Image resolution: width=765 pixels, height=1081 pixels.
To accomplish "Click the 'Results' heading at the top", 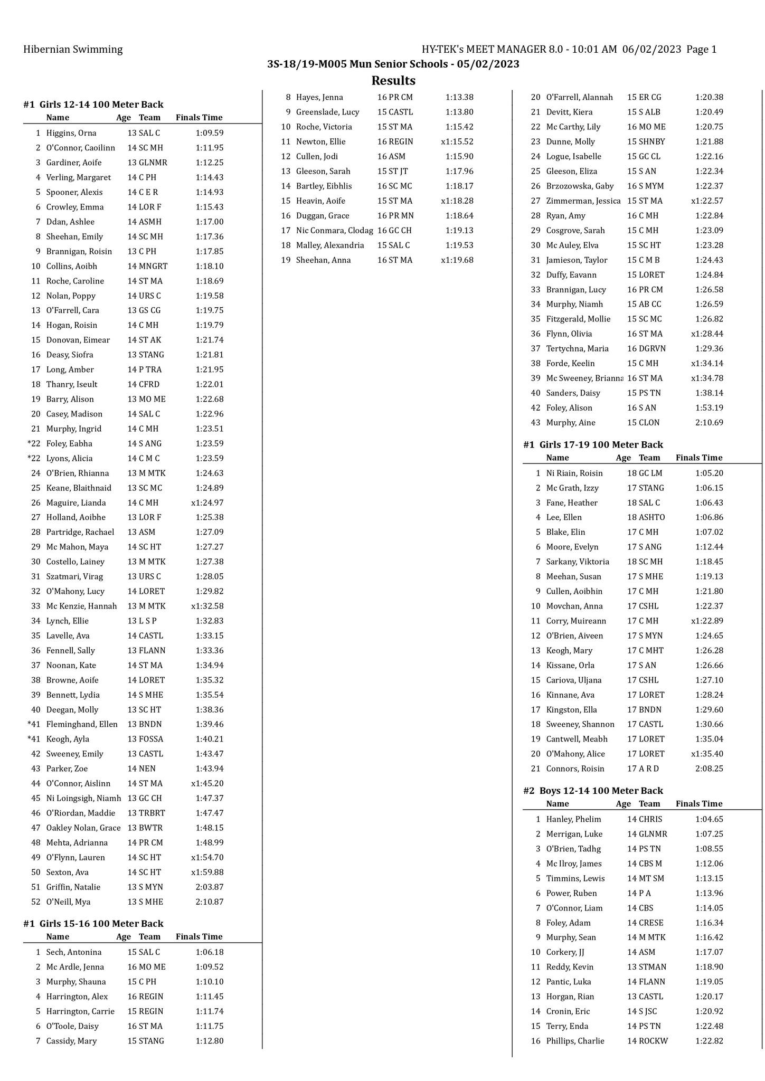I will click(x=393, y=81).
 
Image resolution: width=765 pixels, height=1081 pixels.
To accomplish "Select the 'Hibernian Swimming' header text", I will click(x=73, y=50).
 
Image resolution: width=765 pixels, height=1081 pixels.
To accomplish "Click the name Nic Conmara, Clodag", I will click(x=334, y=230).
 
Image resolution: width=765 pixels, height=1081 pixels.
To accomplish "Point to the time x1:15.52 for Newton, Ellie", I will click(x=457, y=141).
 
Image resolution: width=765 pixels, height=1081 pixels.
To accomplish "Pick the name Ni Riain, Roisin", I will click(x=574, y=473).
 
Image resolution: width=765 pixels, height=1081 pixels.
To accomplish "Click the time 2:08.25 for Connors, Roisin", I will click(x=709, y=769).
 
